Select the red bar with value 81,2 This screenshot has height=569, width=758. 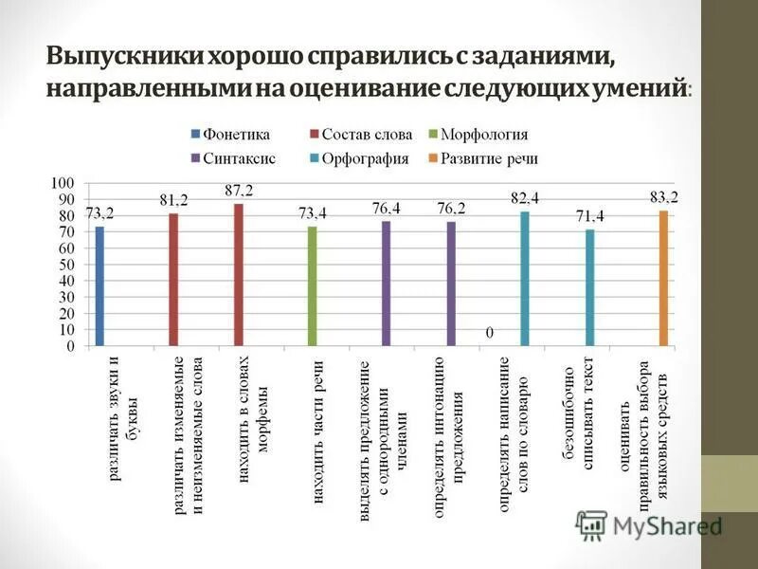(x=173, y=280)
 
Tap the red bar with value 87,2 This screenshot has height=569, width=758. (x=238, y=275)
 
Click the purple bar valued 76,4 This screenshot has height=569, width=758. (x=386, y=284)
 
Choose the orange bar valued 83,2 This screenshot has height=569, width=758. (x=663, y=278)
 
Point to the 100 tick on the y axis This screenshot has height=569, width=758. (x=62, y=182)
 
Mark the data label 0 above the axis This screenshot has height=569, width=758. (x=491, y=333)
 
